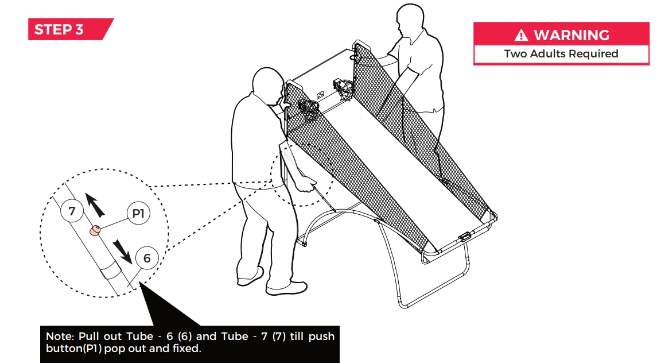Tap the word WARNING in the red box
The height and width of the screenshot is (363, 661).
(571, 35)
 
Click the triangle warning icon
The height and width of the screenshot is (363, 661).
(521, 36)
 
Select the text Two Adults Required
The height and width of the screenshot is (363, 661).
(561, 54)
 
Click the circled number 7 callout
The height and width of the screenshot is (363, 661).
(72, 211)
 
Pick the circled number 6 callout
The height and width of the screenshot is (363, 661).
(147, 258)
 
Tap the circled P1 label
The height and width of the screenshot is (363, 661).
(138, 214)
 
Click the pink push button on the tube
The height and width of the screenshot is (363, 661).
(93, 231)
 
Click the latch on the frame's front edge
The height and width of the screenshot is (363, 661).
(465, 237)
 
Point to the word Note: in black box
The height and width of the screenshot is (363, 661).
(61, 336)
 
